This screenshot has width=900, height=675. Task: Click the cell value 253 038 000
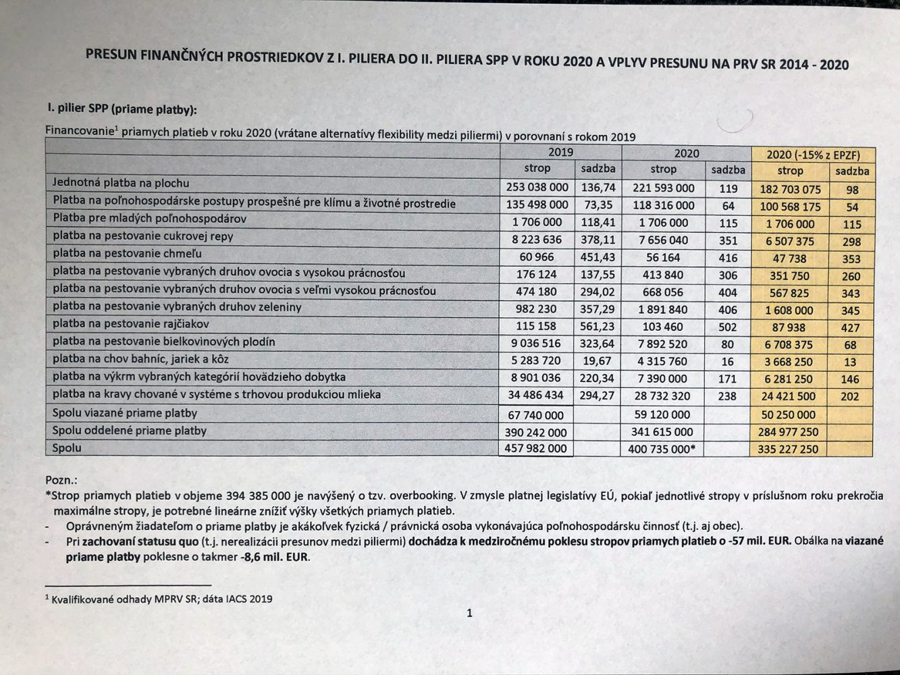coord(537,187)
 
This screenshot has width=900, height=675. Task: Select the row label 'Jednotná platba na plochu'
coord(121,183)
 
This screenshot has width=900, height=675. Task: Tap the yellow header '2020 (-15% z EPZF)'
coord(813,155)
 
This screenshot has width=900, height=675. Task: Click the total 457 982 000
coord(535,448)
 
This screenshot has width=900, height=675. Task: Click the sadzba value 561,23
coord(598,326)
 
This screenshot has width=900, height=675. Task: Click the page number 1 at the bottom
coord(469,613)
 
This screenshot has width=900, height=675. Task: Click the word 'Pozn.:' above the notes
coord(61,480)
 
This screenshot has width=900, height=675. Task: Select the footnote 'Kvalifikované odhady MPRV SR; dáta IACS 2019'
coord(161,599)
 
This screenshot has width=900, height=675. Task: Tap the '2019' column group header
coord(560,153)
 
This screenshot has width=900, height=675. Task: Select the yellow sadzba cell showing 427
coord(851,328)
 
